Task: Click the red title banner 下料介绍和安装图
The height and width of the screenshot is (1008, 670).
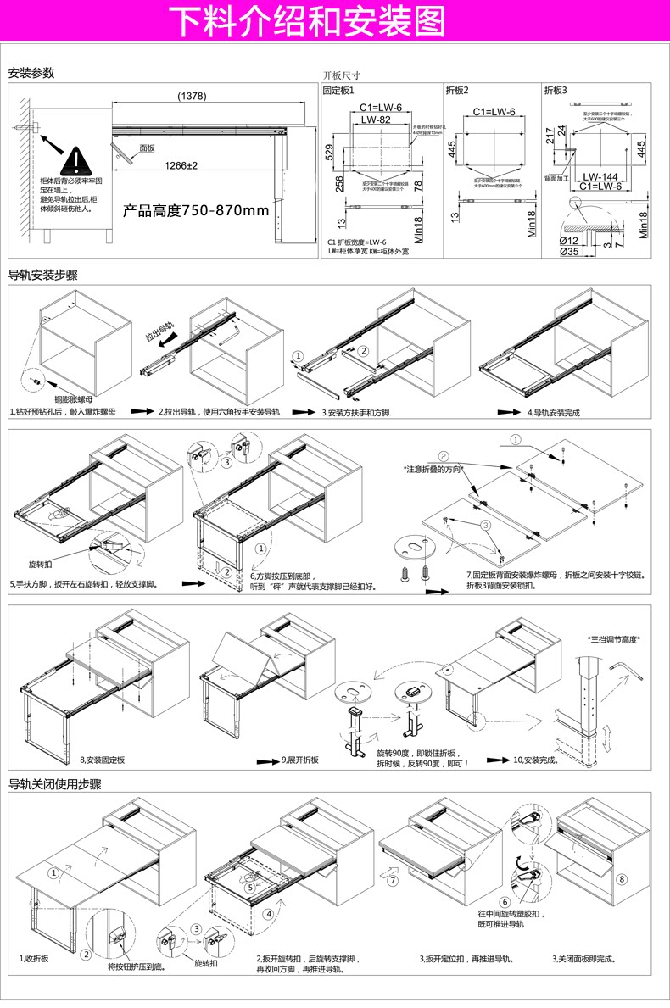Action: coord(309,23)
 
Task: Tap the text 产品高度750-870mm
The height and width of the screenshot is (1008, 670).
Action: coord(195,210)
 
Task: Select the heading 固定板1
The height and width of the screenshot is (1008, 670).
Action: coord(338,89)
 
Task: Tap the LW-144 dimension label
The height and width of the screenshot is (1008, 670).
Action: coord(599,176)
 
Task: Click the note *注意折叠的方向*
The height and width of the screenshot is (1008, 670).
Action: coord(438,468)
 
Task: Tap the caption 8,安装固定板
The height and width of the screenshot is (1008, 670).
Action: coord(103,760)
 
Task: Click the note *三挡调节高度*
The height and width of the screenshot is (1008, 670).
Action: coord(613,639)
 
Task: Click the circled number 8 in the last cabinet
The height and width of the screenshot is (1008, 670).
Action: coord(623,879)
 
